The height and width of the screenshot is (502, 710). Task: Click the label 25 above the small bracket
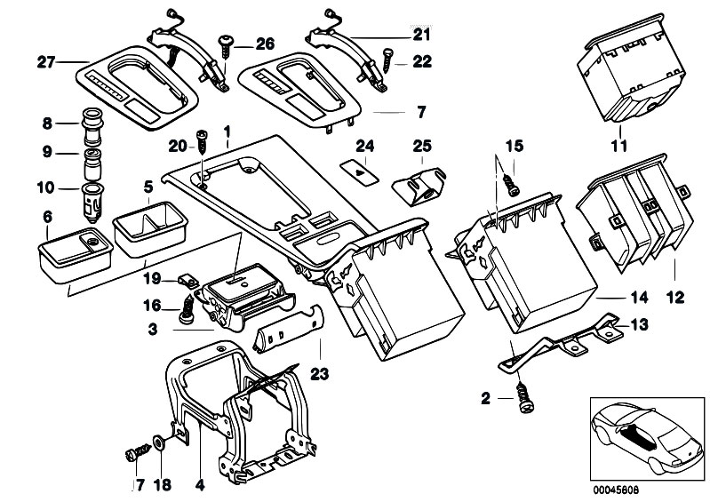point(421,145)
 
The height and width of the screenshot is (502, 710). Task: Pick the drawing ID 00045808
point(627,488)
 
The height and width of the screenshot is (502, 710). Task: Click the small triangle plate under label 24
point(359,168)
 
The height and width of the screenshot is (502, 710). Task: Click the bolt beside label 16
point(186,308)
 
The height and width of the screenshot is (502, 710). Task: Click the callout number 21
point(420,35)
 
